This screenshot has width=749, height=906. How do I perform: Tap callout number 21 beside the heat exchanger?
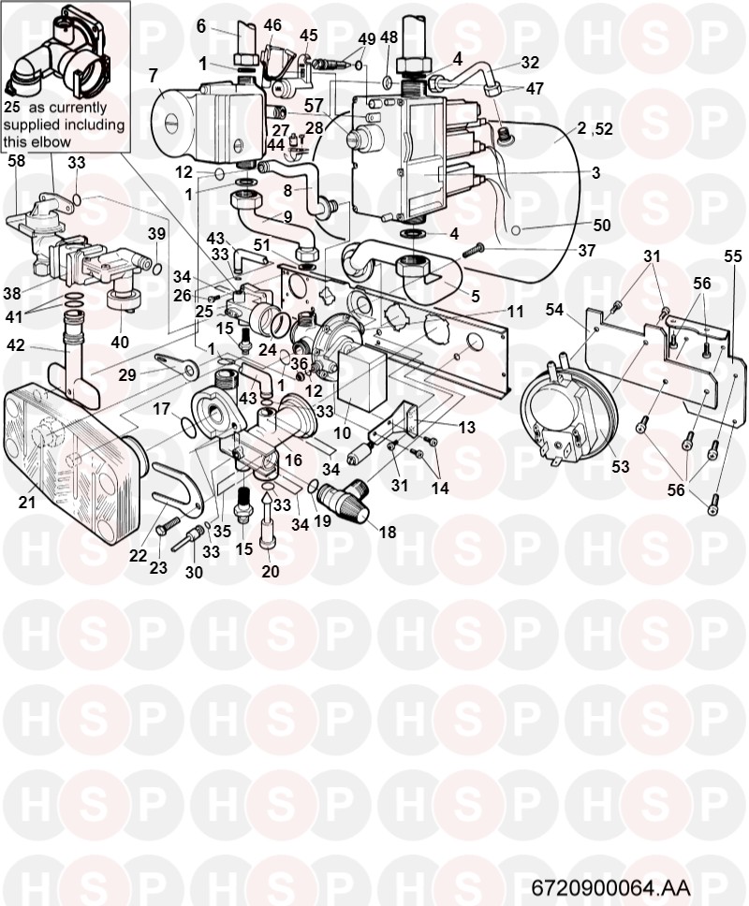click(x=26, y=502)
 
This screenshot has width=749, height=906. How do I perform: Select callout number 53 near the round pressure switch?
click(x=620, y=466)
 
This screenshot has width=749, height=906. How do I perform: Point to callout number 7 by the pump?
click(x=153, y=75)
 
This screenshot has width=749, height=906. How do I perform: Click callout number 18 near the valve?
click(x=388, y=532)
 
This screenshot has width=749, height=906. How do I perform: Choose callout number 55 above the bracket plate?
click(x=732, y=256)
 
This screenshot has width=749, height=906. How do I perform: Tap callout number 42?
click(x=16, y=345)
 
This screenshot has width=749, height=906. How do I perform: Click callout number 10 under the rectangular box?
click(x=342, y=432)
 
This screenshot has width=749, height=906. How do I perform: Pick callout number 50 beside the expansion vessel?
click(x=602, y=225)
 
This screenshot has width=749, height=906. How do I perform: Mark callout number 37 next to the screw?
click(x=587, y=250)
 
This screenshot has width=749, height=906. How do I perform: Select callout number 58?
click(x=16, y=161)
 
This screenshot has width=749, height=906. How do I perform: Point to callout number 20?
click(x=270, y=571)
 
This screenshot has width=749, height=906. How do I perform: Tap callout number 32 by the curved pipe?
click(x=529, y=63)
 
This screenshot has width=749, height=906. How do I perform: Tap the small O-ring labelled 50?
click(x=516, y=230)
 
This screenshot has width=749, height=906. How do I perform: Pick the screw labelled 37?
click(x=472, y=250)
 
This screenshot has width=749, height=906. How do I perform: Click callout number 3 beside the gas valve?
click(x=595, y=172)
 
